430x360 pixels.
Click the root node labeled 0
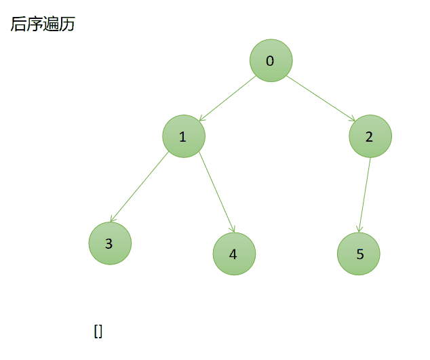[271, 61]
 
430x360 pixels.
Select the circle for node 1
[183, 137]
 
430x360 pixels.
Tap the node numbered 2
[370, 136]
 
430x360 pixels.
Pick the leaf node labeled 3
[109, 243]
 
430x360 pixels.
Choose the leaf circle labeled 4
[234, 254]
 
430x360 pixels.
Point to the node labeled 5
[359, 254]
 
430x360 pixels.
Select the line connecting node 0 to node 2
[320, 98]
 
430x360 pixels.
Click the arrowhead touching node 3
[113, 219]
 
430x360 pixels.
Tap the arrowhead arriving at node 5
[360, 229]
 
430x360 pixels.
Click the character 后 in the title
[18, 24]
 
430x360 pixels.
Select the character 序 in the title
[35, 24]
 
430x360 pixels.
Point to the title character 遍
[51, 24]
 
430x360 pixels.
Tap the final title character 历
[67, 24]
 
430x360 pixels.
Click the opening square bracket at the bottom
[96, 332]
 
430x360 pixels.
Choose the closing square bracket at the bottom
[100, 332]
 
